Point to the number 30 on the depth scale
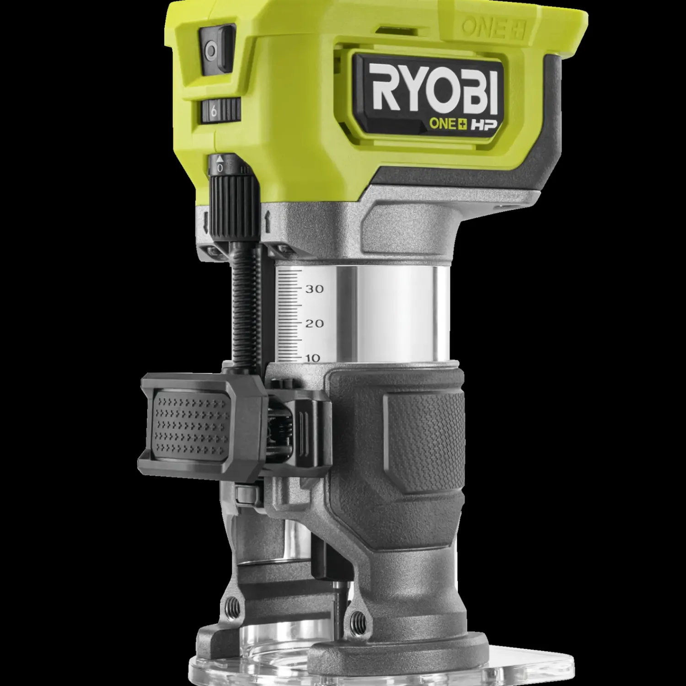click(x=314, y=289)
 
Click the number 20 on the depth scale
click(x=314, y=324)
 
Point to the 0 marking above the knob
click(x=220, y=168)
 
